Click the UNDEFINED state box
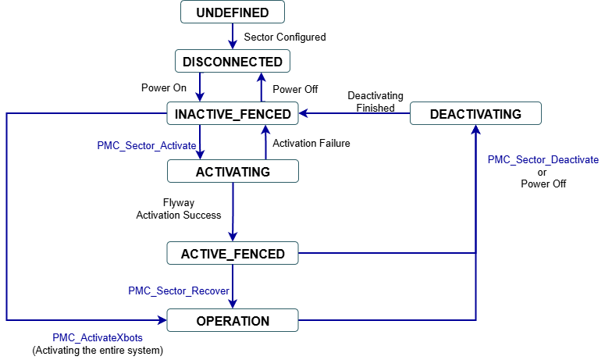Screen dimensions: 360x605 (x=233, y=12)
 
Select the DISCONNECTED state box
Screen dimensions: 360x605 (x=233, y=62)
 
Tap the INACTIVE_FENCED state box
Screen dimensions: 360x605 (x=233, y=114)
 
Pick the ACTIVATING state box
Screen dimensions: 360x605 (x=233, y=172)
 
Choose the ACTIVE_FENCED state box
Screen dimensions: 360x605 (x=233, y=253)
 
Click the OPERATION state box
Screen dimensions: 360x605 (x=233, y=320)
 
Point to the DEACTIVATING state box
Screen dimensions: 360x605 (x=475, y=114)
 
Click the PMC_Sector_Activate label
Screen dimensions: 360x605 (x=147, y=146)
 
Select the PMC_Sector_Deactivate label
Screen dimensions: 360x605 (x=543, y=159)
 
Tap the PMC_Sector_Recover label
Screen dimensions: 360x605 (x=179, y=290)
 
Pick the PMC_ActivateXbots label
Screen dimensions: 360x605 (x=98, y=338)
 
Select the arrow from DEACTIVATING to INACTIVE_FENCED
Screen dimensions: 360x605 (x=355, y=114)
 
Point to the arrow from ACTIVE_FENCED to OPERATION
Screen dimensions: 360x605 (x=233, y=287)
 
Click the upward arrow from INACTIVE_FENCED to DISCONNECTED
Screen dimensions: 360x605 (x=262, y=88)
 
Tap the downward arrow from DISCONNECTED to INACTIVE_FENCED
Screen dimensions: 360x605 (x=201, y=88)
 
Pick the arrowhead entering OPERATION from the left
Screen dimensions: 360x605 (x=162, y=320)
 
